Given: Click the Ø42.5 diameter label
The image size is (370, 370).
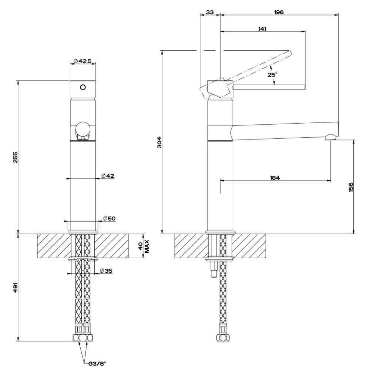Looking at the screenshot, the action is coord(83,61).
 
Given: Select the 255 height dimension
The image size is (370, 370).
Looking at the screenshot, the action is coord(15,157).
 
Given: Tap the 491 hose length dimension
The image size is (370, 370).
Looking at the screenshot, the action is coord(15,287).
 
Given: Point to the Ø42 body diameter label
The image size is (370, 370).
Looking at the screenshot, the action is coord(108,176).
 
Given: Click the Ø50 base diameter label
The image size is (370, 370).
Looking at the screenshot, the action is coord(109,219).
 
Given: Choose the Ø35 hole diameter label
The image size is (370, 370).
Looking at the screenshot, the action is coord(106,271).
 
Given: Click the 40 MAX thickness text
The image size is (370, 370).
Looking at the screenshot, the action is coord(144,246).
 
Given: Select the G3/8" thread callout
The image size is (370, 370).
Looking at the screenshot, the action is coord(96,363).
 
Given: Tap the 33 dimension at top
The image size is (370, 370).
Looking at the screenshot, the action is coord(210,12).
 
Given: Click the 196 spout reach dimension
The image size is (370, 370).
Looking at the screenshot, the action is coord(279,12).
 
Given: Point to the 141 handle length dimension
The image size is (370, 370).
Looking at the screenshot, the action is coord(262,28).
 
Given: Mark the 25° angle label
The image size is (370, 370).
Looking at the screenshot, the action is coord(272,75).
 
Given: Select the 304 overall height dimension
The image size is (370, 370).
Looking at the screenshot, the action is coord(160,142).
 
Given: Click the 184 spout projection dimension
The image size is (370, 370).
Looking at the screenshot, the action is coord(275,178).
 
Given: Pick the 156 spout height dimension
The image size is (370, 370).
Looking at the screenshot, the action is coord(351,187).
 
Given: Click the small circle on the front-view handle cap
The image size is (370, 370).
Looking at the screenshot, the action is coord(83,87).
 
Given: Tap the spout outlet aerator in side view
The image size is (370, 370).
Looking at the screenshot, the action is coord(330,137).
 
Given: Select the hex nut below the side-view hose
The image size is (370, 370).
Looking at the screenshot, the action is coord(222,338).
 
